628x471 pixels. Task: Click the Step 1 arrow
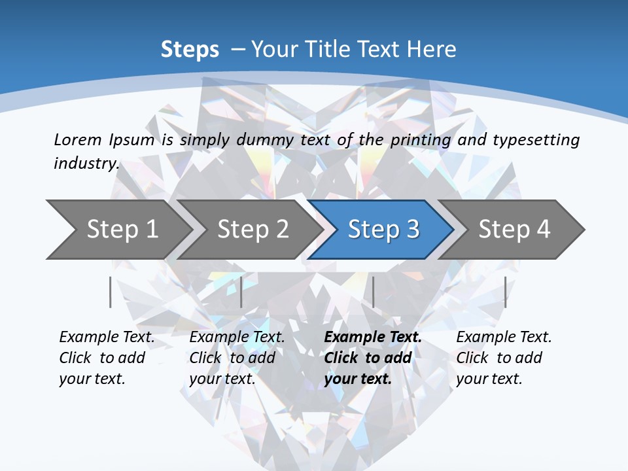(121, 230)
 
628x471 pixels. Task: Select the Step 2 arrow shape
(253, 230)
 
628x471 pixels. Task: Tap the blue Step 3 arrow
(383, 230)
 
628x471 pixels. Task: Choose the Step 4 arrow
(514, 230)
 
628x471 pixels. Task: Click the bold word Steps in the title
(190, 50)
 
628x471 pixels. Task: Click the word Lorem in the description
(78, 139)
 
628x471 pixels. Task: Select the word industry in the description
(86, 163)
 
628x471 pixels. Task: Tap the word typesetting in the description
(536, 139)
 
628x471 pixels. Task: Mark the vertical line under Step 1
(110, 292)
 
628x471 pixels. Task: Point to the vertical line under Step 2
(241, 292)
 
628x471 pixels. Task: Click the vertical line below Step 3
(373, 292)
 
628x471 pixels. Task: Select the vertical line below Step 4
(505, 292)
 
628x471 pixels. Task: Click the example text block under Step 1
(107, 358)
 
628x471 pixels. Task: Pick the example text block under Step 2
(237, 358)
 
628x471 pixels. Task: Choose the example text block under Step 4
(504, 358)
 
